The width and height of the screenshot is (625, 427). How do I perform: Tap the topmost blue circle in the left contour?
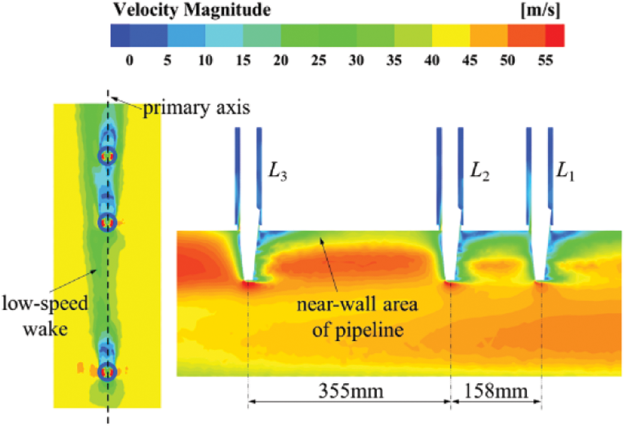click(107, 155)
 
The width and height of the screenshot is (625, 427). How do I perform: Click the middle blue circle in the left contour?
click(107, 222)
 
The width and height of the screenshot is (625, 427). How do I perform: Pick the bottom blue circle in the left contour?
click(107, 371)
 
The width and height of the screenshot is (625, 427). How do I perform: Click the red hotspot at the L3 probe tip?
click(248, 284)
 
